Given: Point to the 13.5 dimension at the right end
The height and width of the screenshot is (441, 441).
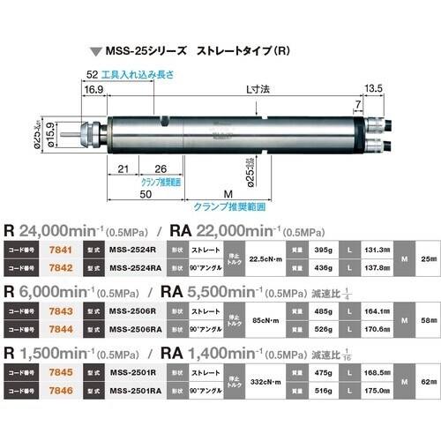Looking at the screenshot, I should click(x=374, y=89).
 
